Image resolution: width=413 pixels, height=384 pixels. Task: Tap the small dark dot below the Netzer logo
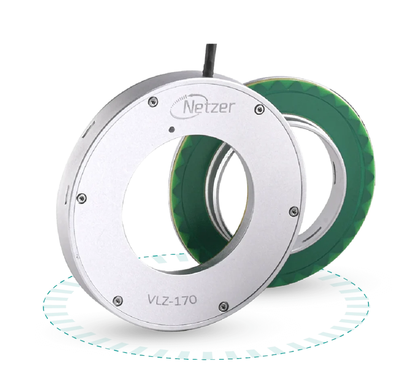[x=172, y=129]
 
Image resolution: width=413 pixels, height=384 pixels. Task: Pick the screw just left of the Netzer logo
[x=153, y=101]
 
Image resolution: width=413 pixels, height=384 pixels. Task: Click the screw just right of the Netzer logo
[x=260, y=109]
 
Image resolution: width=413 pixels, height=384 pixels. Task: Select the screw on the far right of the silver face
[x=294, y=212]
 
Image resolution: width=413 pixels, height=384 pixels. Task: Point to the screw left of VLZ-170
[x=117, y=301]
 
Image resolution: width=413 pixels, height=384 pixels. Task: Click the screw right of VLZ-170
[x=223, y=306]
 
